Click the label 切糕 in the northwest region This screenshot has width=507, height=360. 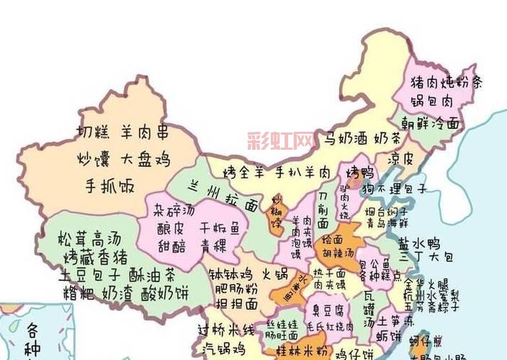(93, 132)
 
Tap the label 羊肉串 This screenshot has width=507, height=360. (143, 132)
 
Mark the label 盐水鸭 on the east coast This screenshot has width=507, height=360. (423, 242)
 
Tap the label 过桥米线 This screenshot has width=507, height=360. (226, 330)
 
